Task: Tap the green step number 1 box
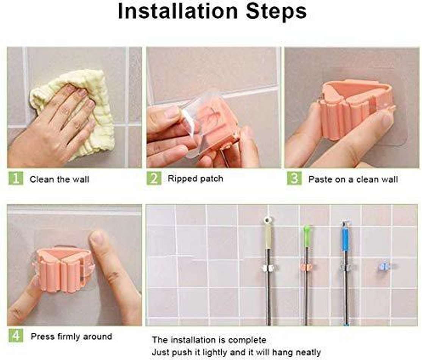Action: coord(16,178)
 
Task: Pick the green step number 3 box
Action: coord(294,178)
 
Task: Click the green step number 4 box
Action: coord(16,336)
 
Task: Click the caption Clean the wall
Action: coord(59,179)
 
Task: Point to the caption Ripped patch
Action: coord(195,178)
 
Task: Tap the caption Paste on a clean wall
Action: coord(353,179)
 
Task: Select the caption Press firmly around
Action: coord(71,337)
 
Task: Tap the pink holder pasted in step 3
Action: coord(352,108)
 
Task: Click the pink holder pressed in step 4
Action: coord(64,269)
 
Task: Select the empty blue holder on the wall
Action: coord(384,266)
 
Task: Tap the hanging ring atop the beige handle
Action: coord(268,219)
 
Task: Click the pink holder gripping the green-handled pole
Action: coord(306,267)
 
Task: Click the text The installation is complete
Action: coord(209,340)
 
